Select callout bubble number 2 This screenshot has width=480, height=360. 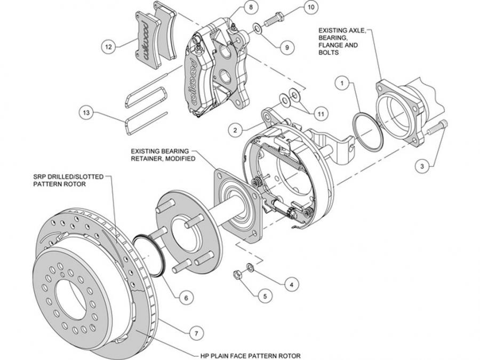[233, 129]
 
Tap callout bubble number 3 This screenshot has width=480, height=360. [422, 166]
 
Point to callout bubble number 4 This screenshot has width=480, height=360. [291, 284]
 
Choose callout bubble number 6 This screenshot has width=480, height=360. [185, 298]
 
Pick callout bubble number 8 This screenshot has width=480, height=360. [250, 8]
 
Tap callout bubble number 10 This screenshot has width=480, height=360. [310, 7]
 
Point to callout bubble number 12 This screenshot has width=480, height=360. [108, 47]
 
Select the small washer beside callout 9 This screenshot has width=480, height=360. [257, 27]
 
